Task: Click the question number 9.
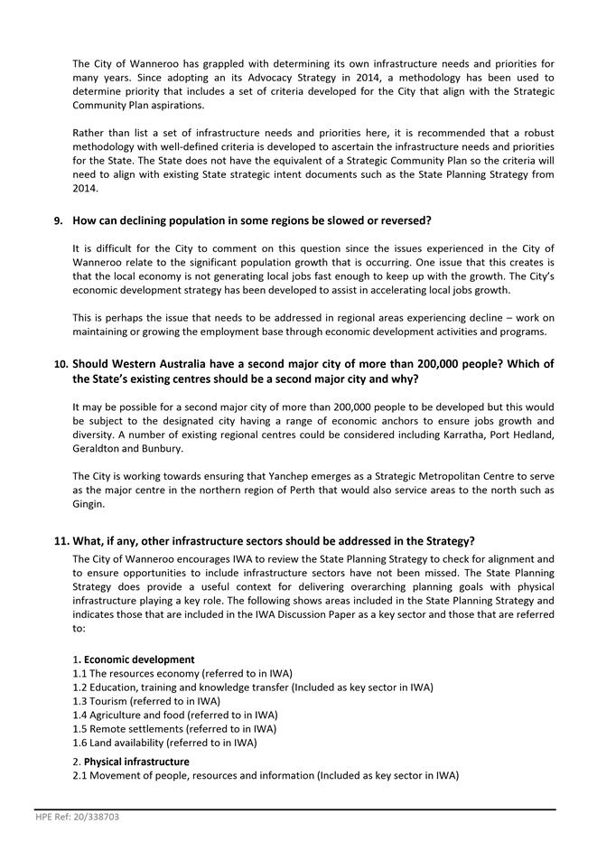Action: (59, 220)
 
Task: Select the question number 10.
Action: (61, 363)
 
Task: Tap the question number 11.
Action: (61, 541)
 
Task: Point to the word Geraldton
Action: (98, 448)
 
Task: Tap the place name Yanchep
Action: (245, 476)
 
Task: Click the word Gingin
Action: (89, 501)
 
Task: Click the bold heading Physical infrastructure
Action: (136, 762)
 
